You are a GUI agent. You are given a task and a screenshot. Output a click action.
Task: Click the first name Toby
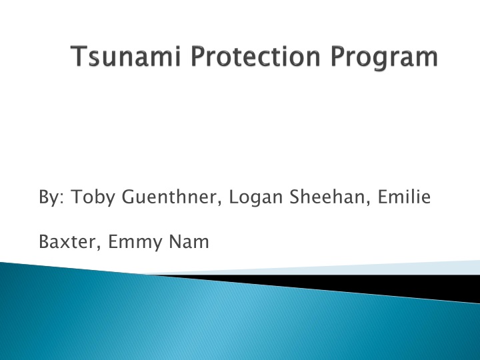90,197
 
